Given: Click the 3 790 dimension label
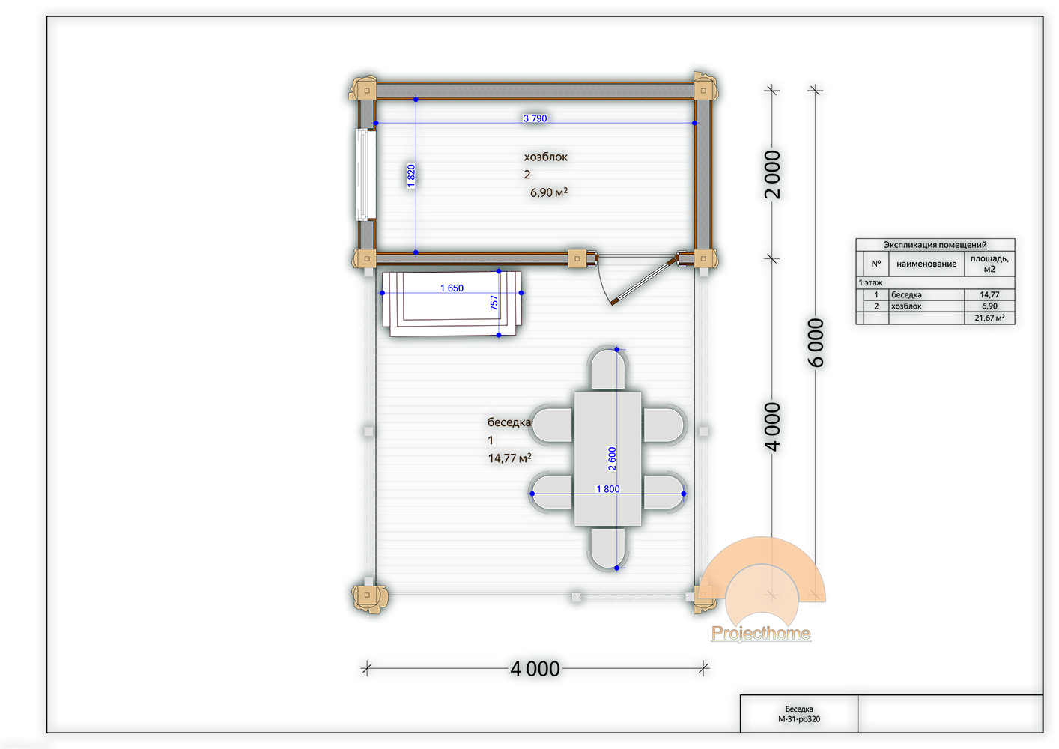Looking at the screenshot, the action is coord(535,118).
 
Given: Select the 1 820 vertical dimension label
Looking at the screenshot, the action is coord(411,176).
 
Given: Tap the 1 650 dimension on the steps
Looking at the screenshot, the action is coord(452,288).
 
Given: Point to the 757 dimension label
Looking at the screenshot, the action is coord(494,303).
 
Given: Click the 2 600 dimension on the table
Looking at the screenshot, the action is coord(612,458).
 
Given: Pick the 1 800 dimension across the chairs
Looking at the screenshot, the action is coord(607,489).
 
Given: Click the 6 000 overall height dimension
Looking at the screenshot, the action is coord(816,343).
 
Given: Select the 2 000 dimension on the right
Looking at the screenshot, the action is coord(772,175).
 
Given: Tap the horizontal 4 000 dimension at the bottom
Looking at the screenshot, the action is coord(535,669).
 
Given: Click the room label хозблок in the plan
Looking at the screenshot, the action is coord(545,157).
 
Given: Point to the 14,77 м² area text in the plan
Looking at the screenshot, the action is coord(509,458).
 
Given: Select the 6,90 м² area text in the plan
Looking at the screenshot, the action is coord(548,192).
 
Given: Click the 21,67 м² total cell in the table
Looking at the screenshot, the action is coord(989,318).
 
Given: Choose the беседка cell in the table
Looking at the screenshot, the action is coord(906,294).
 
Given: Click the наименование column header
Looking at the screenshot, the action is coord(926,264).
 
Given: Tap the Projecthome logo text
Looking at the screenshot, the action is coord(761,633).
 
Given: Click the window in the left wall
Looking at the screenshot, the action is coord(365,175).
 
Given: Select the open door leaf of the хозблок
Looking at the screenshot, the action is coord(643,280).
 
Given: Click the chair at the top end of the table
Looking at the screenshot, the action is coord(607,369).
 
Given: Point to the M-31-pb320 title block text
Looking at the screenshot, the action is coord(799,719).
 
